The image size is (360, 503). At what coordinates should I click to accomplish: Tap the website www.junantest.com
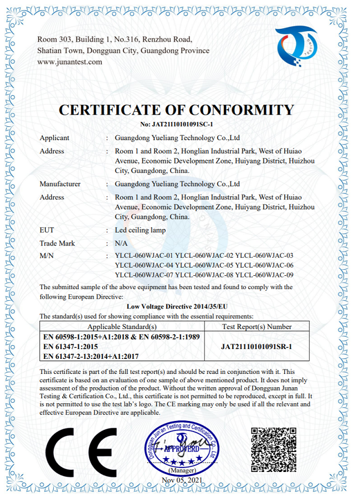(x=70, y=62)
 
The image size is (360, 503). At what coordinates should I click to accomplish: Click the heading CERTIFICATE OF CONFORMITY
(x=176, y=110)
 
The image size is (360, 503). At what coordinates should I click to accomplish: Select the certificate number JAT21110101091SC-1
(x=177, y=125)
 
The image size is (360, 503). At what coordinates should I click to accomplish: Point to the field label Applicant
(x=54, y=138)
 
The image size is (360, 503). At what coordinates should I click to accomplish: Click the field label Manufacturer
(x=60, y=184)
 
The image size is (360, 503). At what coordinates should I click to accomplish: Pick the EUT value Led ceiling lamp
(x=140, y=230)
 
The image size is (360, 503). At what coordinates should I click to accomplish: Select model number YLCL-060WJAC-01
(x=143, y=256)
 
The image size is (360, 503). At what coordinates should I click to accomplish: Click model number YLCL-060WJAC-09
(x=264, y=275)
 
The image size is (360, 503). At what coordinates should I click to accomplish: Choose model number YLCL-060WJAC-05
(x=204, y=265)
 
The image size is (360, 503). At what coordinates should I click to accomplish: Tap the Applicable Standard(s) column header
(x=122, y=327)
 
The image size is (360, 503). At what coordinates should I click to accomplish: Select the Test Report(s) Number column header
(x=256, y=327)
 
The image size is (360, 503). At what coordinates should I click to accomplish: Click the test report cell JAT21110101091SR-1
(x=256, y=346)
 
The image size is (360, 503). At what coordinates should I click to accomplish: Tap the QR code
(x=274, y=449)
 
